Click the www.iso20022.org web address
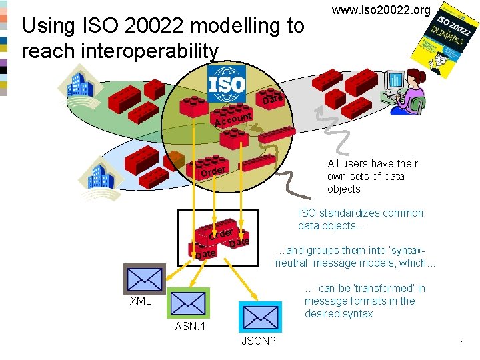(381, 10)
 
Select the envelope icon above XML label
(144, 278)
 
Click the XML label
(140, 301)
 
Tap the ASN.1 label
(190, 327)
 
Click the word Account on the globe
(232, 120)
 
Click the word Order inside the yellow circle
(213, 171)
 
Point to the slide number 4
(461, 343)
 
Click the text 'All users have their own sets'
(372, 170)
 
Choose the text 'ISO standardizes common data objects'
(360, 219)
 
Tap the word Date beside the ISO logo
(273, 100)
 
